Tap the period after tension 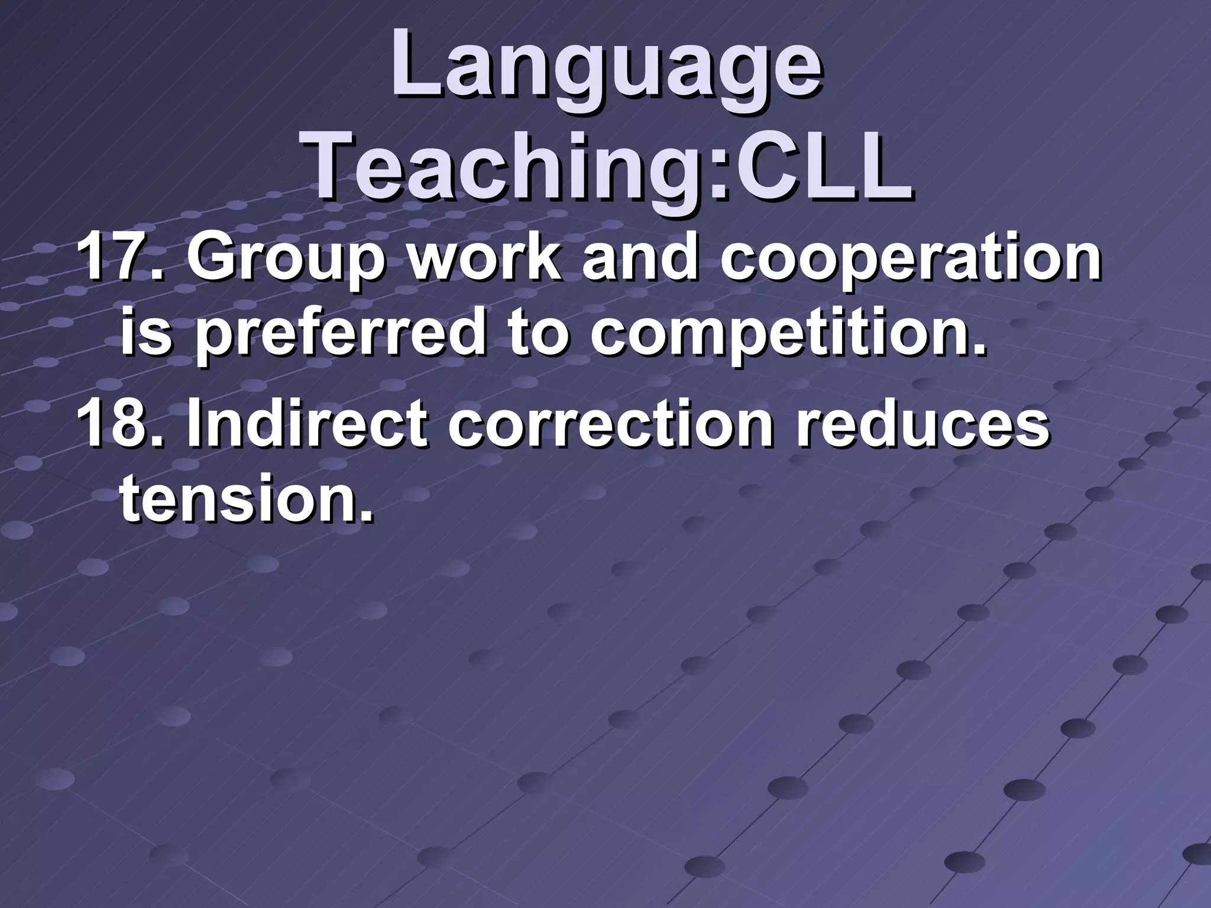367,517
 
